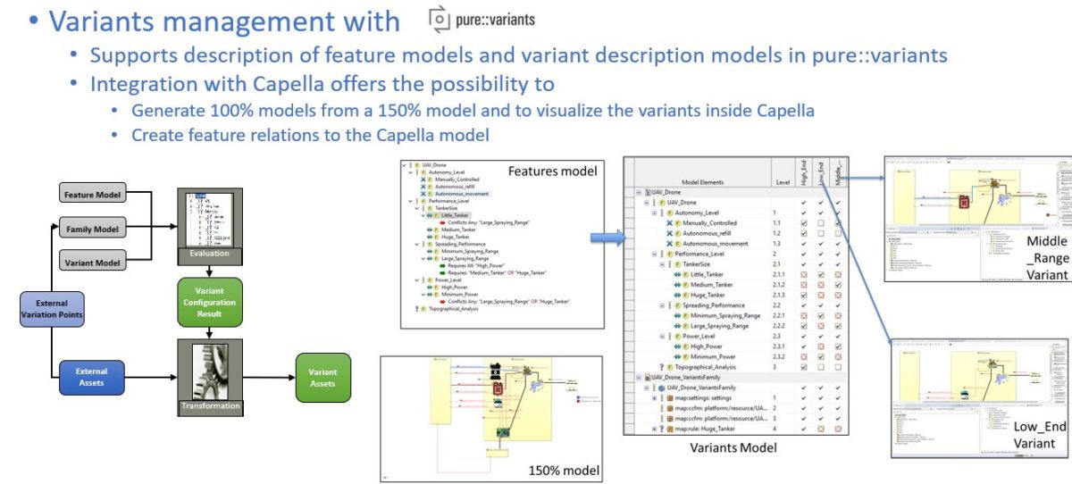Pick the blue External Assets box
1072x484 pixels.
click(91, 377)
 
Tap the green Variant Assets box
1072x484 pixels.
click(323, 378)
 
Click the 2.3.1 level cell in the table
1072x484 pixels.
click(778, 346)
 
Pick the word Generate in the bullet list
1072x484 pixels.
click(163, 112)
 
